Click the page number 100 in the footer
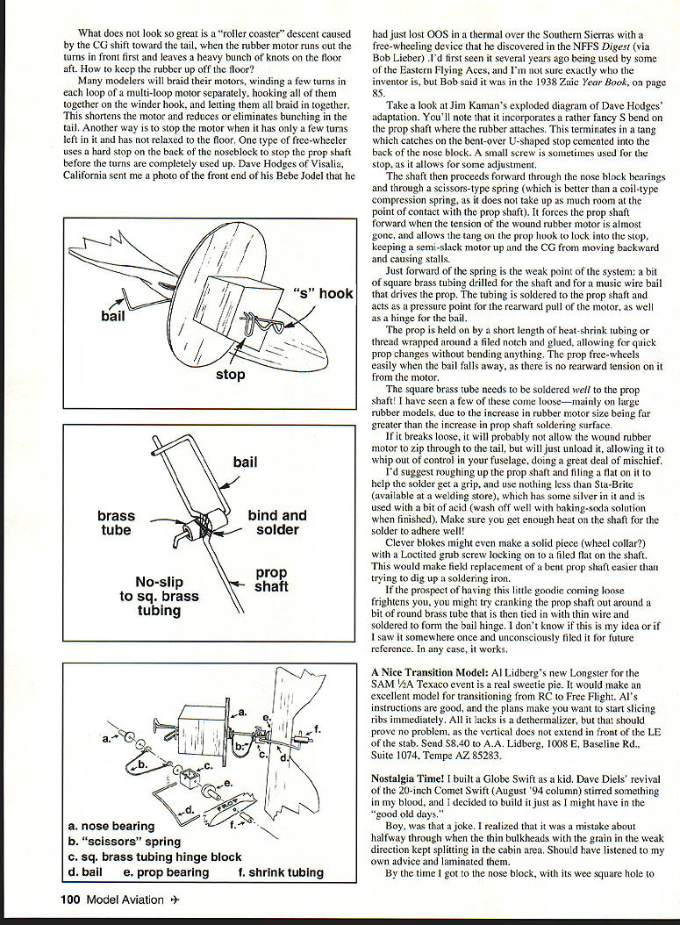click(72, 898)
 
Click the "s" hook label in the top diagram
click(322, 294)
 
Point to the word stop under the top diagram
click(231, 375)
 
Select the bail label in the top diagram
click(113, 316)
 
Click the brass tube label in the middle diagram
click(117, 524)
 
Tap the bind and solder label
click(277, 522)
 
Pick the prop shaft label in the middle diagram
click(271, 579)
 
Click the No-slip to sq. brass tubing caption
click(159, 596)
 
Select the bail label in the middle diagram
click(246, 462)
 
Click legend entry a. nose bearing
click(111, 826)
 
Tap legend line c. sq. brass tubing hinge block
click(154, 857)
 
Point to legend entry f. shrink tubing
click(281, 872)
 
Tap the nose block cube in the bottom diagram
click(198, 724)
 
